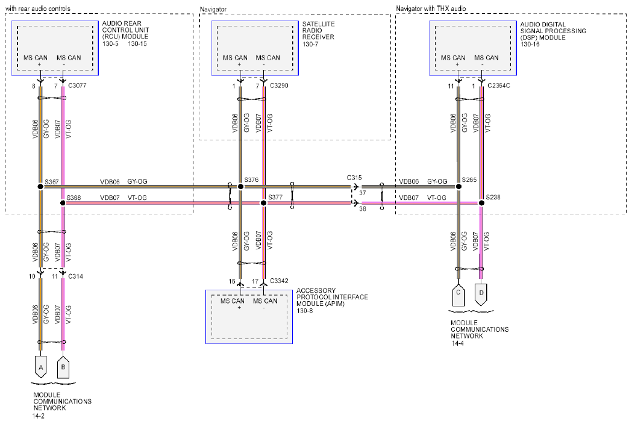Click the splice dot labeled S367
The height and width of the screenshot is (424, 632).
point(40,187)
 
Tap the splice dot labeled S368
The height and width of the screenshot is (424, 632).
point(63,203)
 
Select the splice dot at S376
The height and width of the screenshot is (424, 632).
point(240,187)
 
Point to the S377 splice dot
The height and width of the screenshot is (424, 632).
point(264,203)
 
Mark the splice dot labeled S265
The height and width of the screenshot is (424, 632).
point(458,187)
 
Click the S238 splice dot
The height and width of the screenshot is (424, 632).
point(481,203)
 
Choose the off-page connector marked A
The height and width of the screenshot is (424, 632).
point(41,367)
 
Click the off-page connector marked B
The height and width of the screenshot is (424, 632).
point(63,367)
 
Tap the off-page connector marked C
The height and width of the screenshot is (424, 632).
point(458,296)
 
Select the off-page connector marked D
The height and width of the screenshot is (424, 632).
point(481,295)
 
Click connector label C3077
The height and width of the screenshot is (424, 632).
point(77,86)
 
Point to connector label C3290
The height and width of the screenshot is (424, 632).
point(279,86)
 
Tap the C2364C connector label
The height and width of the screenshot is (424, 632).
point(499,86)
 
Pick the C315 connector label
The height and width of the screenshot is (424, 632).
point(354,178)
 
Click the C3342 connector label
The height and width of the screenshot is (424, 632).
point(279,281)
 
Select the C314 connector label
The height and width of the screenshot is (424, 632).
point(76,276)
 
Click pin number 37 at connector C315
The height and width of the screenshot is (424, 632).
point(363,193)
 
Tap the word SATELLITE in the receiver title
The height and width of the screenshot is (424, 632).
point(319,24)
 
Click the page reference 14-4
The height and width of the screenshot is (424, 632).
point(457,343)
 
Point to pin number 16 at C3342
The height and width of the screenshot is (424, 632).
point(232,281)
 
